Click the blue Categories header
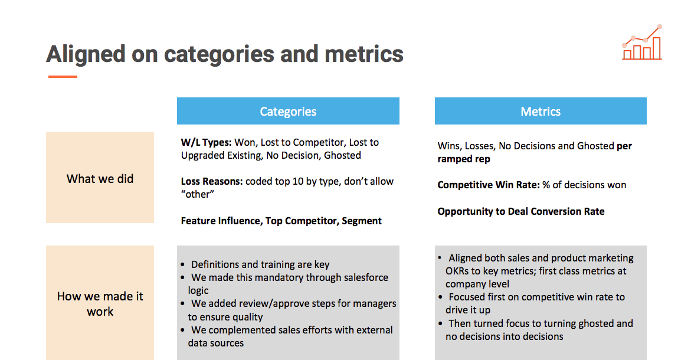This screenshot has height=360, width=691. [x=288, y=111]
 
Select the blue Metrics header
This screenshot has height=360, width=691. [x=541, y=111]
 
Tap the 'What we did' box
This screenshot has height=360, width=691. [x=100, y=178]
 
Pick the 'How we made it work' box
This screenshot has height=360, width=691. [x=100, y=303]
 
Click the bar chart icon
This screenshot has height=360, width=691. [x=642, y=42]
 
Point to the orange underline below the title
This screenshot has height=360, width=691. [x=63, y=77]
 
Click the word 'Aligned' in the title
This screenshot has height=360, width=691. [x=86, y=54]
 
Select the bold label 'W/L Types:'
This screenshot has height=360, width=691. [x=207, y=142]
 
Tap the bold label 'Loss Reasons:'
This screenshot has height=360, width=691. [x=212, y=182]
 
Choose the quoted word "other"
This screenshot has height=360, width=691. [x=198, y=194]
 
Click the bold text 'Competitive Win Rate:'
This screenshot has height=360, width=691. [x=489, y=185]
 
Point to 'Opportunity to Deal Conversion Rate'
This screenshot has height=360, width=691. [x=521, y=211]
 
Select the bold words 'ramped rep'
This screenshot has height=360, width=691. [x=464, y=159]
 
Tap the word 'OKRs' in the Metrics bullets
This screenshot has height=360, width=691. [x=459, y=271]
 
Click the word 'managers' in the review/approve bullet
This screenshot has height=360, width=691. [x=375, y=303]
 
